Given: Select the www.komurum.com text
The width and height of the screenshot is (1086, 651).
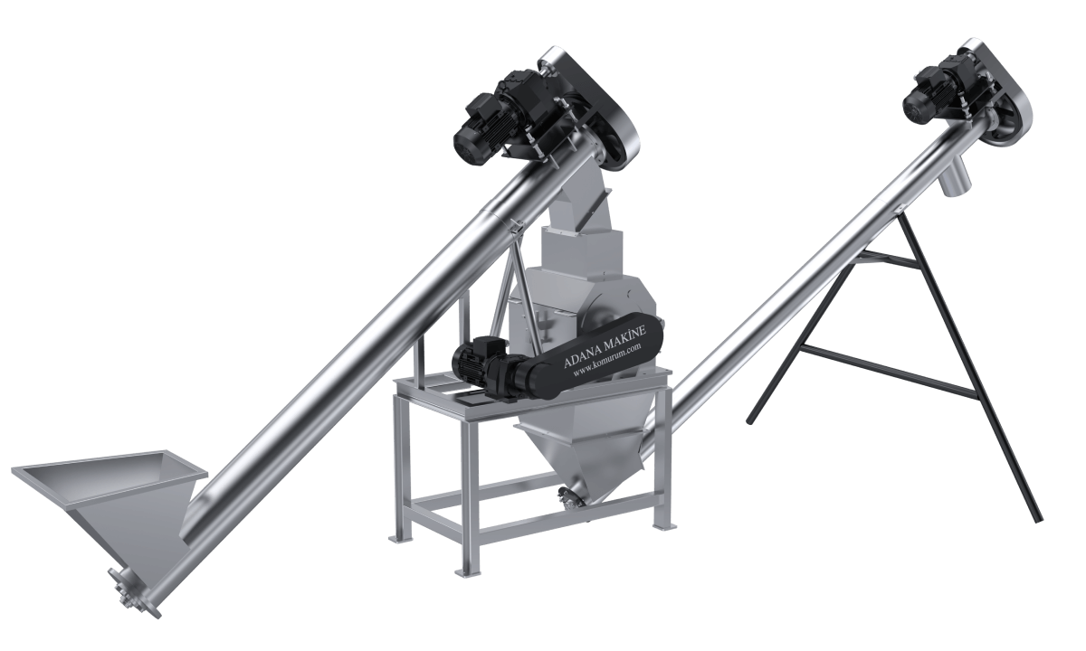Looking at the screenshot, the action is coord(607,359).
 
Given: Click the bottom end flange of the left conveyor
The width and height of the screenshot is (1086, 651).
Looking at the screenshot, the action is coord(133,593).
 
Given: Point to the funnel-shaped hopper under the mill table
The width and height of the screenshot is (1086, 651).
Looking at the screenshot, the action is coord(582,456).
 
